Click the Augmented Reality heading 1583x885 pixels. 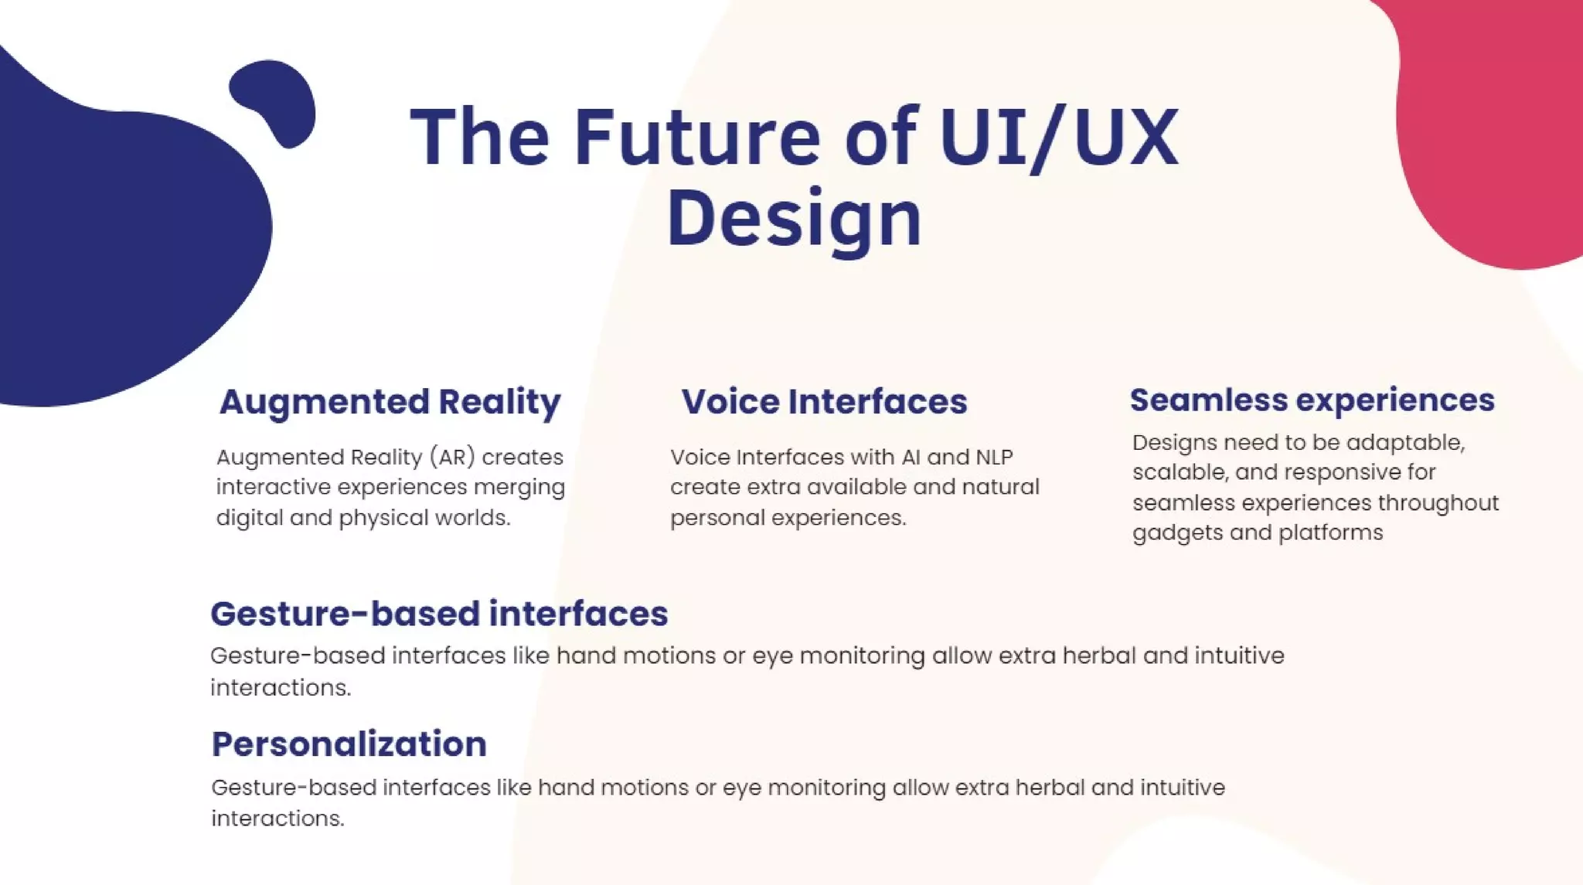[390, 402]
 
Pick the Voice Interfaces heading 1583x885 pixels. [824, 402]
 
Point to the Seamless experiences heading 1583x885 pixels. [1312, 400]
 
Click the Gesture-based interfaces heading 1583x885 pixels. [439, 614]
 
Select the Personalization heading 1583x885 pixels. [349, 744]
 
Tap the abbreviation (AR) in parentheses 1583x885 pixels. [452, 457]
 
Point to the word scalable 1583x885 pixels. [1179, 472]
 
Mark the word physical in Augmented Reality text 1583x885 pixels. [383, 518]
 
